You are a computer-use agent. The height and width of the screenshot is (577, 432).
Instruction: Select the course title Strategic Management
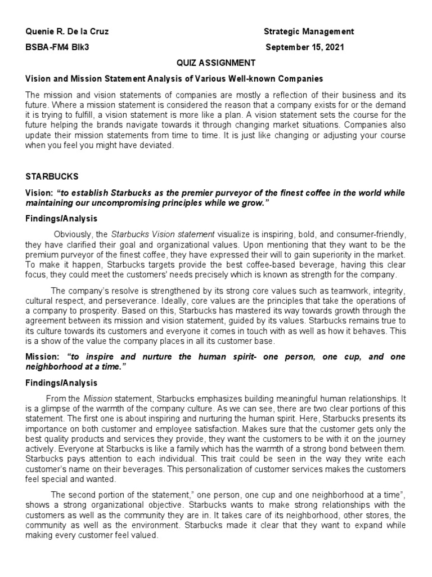coord(309,32)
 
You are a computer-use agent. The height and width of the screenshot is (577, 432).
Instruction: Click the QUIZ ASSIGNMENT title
coord(215,63)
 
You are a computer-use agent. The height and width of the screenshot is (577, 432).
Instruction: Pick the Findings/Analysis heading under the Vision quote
coord(61,219)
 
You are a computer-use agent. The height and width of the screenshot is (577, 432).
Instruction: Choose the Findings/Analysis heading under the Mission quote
coord(61,383)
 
